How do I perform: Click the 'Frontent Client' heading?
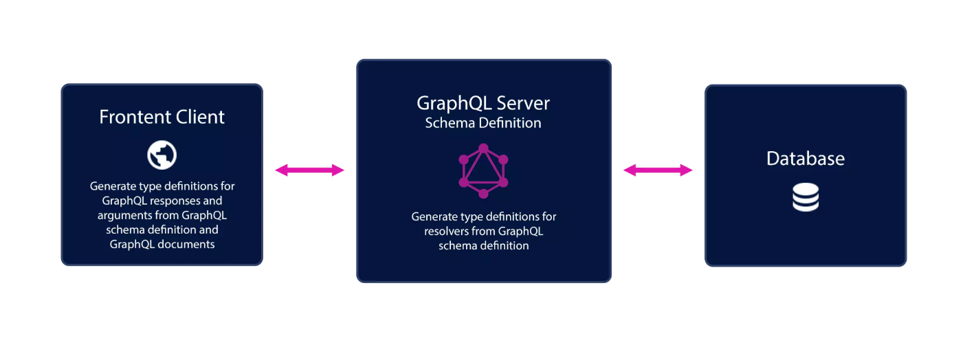[x=162, y=117]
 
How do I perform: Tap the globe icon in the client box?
[x=162, y=155]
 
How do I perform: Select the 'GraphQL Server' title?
[x=483, y=103]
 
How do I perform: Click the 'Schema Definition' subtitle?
[x=483, y=123]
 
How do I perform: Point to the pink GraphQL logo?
[x=483, y=170]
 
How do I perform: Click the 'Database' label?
[x=806, y=159]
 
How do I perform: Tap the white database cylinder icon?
[x=806, y=197]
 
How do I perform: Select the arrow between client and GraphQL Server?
[x=310, y=170]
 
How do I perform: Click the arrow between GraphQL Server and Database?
[x=658, y=170]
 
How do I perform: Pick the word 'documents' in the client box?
[x=187, y=244]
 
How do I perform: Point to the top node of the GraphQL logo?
[x=483, y=148]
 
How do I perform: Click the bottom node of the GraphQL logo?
[x=483, y=194]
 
